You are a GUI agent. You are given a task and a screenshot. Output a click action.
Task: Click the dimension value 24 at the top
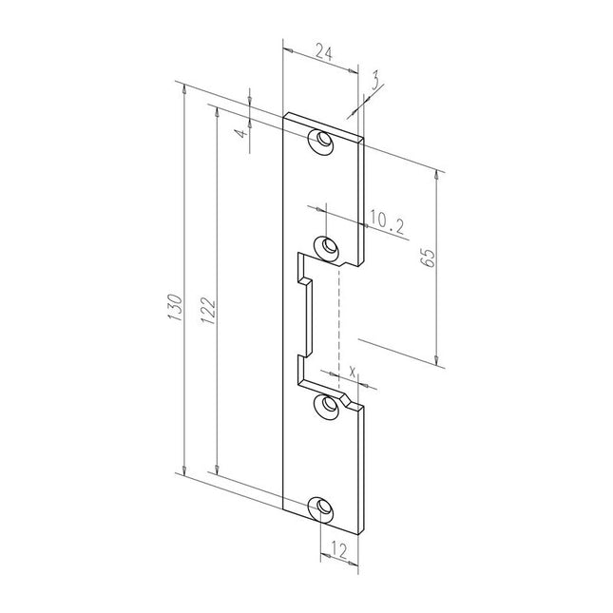pyautogui.click(x=322, y=55)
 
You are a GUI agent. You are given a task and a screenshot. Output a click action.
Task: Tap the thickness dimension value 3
pyautogui.click(x=376, y=84)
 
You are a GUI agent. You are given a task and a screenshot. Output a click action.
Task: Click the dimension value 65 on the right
pyautogui.click(x=427, y=259)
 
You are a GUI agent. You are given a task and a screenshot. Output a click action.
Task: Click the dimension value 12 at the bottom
pyautogui.click(x=337, y=550)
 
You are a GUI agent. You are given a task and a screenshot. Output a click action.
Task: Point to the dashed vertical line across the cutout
pyautogui.click(x=338, y=323)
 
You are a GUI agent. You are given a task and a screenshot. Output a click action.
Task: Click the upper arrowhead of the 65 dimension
pyautogui.click(x=437, y=177)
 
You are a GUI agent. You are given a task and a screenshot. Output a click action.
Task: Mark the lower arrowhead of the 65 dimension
pyautogui.click(x=437, y=360)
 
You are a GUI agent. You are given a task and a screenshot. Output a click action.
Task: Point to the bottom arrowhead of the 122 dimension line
pyautogui.click(x=218, y=469)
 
